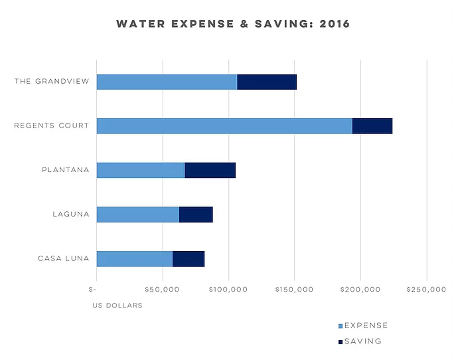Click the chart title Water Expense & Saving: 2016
pyautogui.click(x=233, y=24)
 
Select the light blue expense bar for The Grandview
pyautogui.click(x=167, y=82)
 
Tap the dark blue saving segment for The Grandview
pyautogui.click(x=267, y=82)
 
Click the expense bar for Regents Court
pyautogui.click(x=224, y=126)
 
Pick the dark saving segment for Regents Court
pyautogui.click(x=372, y=126)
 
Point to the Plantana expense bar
pyautogui.click(x=141, y=170)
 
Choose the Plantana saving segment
pyautogui.click(x=210, y=170)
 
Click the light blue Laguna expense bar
pyautogui.click(x=138, y=214)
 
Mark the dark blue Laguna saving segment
pyautogui.click(x=196, y=214)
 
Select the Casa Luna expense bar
pyautogui.click(x=135, y=258)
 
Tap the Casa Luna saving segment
pyautogui.click(x=189, y=258)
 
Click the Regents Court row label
pyautogui.click(x=51, y=126)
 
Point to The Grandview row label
pyautogui.click(x=52, y=82)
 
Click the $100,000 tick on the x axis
pyautogui.click(x=228, y=290)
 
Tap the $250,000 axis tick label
pyautogui.click(x=427, y=290)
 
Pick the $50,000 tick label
pyautogui.click(x=163, y=290)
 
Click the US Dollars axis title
pyautogui.click(x=117, y=306)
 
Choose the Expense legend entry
pyautogui.click(x=363, y=325)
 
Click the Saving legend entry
pyautogui.click(x=360, y=341)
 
